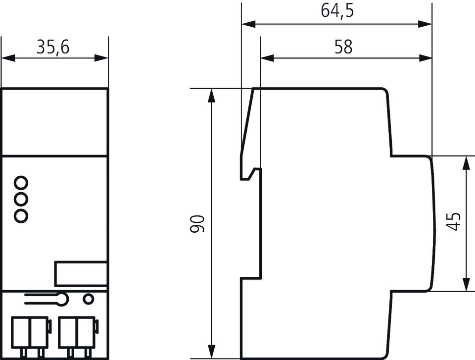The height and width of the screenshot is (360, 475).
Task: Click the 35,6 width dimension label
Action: [53, 47]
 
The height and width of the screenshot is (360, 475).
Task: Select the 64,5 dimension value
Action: [337, 10]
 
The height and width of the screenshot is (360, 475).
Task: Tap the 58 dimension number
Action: [343, 47]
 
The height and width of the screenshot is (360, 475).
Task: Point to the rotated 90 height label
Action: [197, 224]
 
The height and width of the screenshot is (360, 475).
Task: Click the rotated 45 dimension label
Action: [454, 222]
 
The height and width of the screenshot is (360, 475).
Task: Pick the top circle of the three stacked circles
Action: [21, 183]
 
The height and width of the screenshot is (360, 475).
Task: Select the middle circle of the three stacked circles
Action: [21, 199]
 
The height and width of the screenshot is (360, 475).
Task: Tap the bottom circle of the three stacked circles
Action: [21, 216]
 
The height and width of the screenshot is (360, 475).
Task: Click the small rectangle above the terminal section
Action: [81, 273]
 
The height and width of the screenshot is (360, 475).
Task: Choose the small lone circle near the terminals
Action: [89, 299]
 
